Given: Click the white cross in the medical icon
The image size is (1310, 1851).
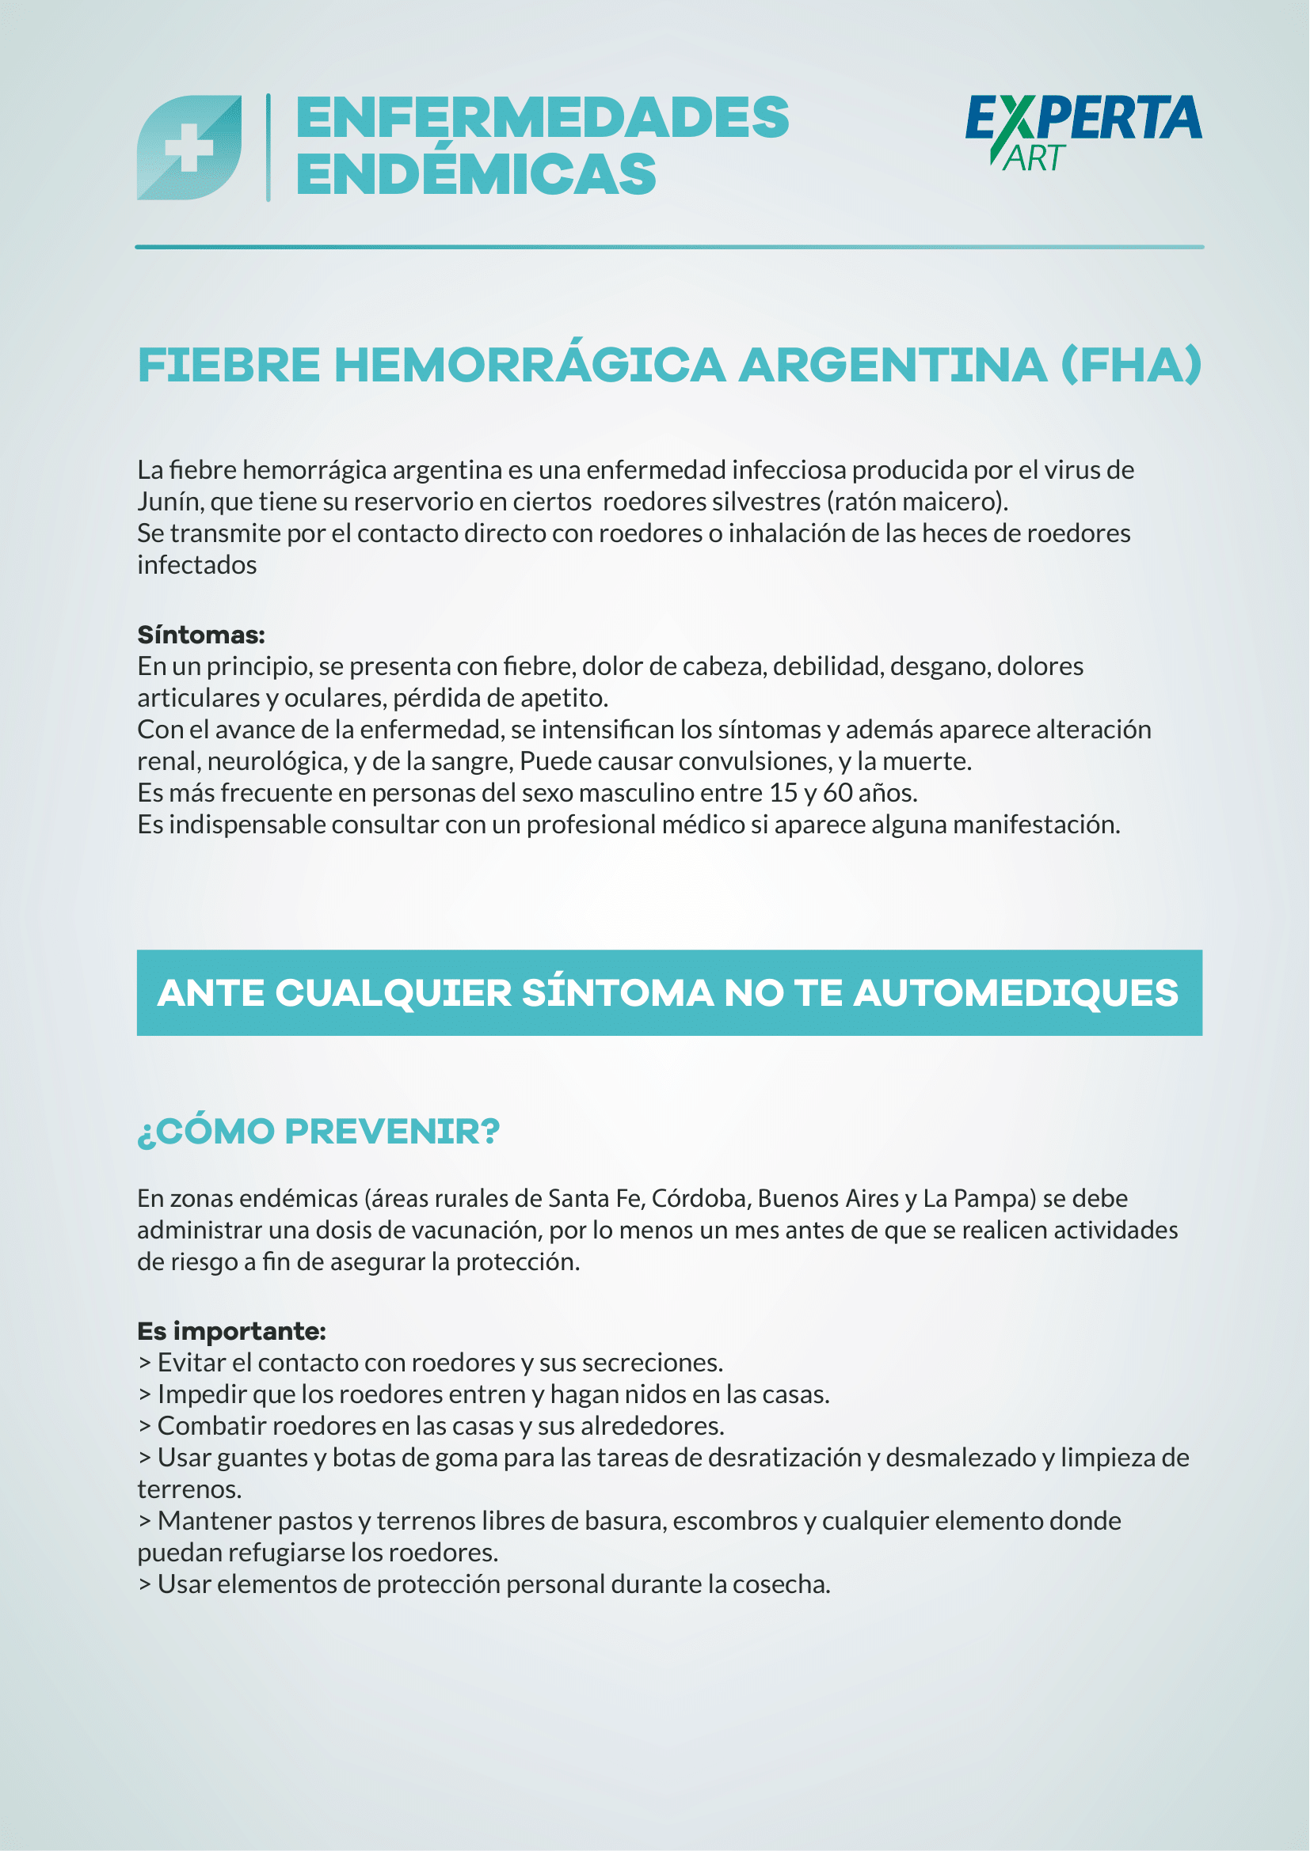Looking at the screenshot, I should pos(189,148).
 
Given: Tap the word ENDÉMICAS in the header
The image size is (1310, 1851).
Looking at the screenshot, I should pos(477,175).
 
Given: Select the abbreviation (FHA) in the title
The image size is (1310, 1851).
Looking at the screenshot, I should pos(1131,365).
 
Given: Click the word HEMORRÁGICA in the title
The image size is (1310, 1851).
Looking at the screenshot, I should pos(530,365).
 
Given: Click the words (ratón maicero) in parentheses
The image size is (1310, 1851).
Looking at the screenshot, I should pos(916,503).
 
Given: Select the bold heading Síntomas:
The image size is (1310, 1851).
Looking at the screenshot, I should pos(201,635).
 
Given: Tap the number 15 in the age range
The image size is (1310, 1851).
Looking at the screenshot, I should pos(783,793).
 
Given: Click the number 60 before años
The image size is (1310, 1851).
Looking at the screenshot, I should pos(837,793).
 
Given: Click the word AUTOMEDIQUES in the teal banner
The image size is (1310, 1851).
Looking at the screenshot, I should pos(1015,993).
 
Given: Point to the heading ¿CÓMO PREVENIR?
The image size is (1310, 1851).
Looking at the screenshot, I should pos(318,1132).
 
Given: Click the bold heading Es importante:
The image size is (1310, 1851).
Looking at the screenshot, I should pos(231,1331).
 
